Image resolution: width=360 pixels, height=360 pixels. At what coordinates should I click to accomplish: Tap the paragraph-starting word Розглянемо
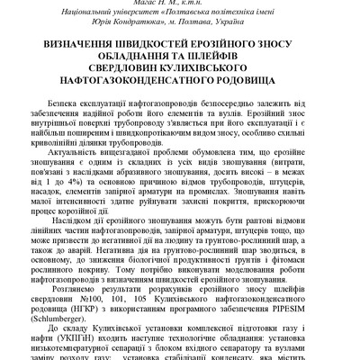pyautogui.click(x=76, y=301)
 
